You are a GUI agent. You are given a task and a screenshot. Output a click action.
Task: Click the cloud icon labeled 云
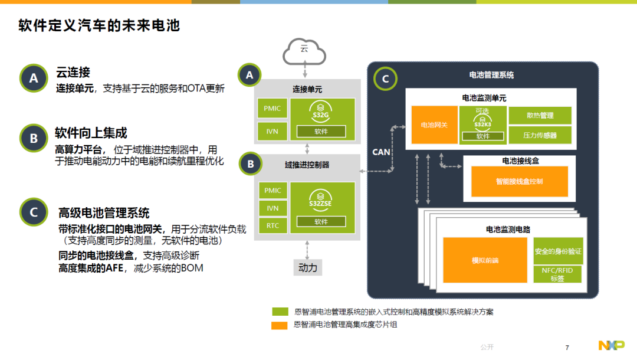coord(304,51)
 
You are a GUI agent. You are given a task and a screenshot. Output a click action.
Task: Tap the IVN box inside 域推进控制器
coord(272,208)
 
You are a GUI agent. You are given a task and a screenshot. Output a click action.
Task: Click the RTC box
coord(272,225)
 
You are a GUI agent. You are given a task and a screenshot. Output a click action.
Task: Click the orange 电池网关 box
coord(434,125)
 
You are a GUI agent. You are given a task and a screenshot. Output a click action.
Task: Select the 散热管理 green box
coord(539,116)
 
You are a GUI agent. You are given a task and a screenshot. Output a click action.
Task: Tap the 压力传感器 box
coord(539,135)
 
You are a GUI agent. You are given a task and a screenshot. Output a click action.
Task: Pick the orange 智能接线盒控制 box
coord(519,182)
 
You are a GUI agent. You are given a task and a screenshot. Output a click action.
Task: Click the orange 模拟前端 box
coord(485,260)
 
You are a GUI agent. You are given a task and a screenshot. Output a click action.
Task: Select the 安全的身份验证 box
coord(558,251)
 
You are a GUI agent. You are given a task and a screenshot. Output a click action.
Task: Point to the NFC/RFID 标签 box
coord(558,274)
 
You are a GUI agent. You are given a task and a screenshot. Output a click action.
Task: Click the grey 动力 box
coord(308,268)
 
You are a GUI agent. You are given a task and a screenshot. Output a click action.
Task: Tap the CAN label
coord(381,152)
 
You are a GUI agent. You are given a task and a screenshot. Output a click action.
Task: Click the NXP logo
coord(611,346)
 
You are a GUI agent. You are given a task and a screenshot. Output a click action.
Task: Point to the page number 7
coord(567,348)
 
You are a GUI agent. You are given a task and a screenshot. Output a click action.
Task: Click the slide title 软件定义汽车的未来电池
coord(99,26)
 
